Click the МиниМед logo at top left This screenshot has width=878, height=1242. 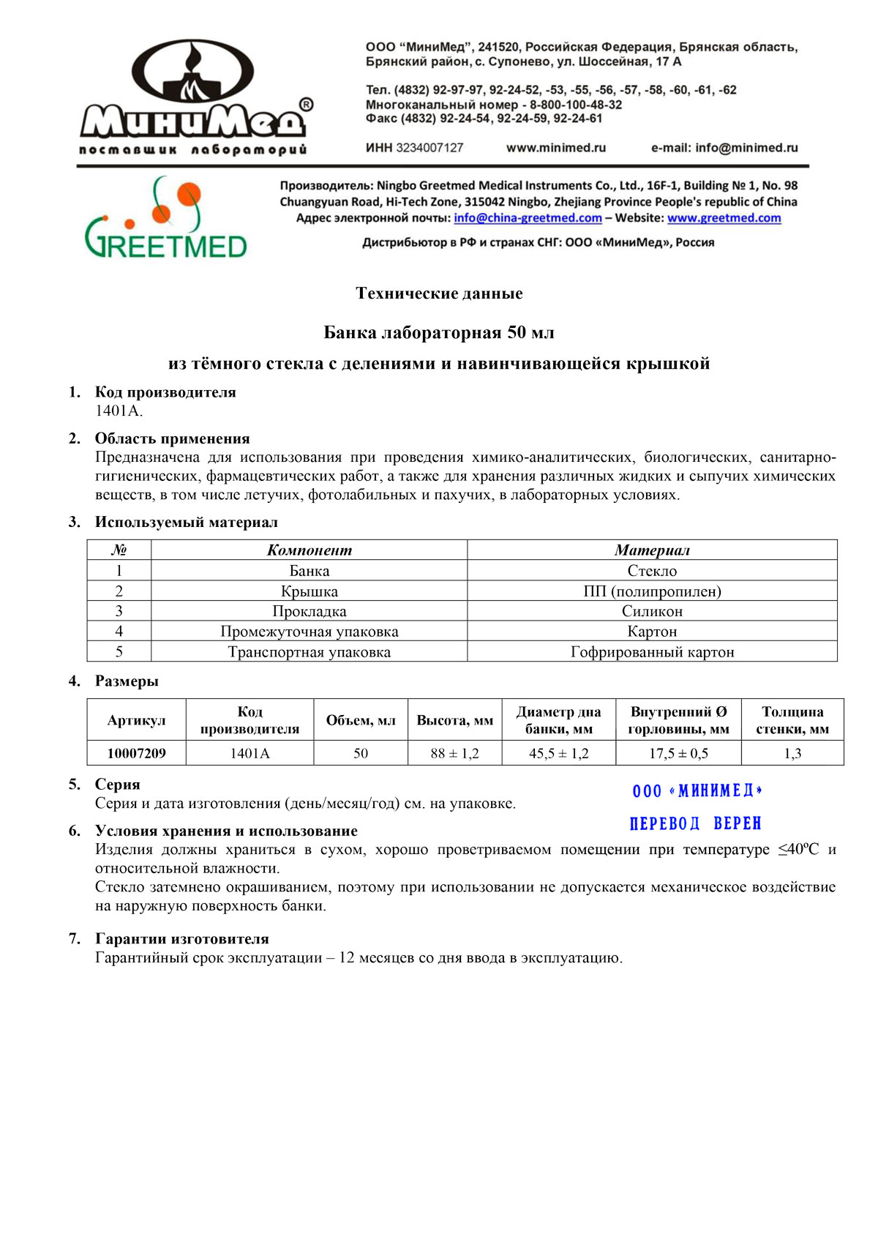(x=194, y=97)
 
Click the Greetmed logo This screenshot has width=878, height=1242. (x=166, y=218)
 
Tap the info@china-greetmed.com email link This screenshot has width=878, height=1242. (x=528, y=218)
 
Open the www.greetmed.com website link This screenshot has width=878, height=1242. (x=724, y=218)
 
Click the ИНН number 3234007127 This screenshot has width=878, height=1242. (x=429, y=148)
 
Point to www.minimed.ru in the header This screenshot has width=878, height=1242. (x=556, y=148)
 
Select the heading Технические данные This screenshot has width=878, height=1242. (x=439, y=293)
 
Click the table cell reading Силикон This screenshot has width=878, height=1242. (x=652, y=611)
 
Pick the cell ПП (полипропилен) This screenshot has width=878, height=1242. (x=652, y=591)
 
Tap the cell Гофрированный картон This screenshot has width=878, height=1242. (x=652, y=652)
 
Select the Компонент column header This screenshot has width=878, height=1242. (x=309, y=550)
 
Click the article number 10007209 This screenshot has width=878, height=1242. (x=136, y=753)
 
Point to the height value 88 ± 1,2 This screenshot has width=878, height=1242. (x=454, y=753)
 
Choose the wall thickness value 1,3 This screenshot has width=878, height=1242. (x=792, y=753)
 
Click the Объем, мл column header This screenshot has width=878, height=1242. (x=361, y=720)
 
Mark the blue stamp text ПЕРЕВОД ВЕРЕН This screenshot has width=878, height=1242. (x=695, y=824)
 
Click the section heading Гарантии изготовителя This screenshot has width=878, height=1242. (x=181, y=939)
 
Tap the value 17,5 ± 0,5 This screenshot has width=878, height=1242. (x=678, y=753)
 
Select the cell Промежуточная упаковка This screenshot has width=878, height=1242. (x=309, y=632)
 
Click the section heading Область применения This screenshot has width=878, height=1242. (x=172, y=438)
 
